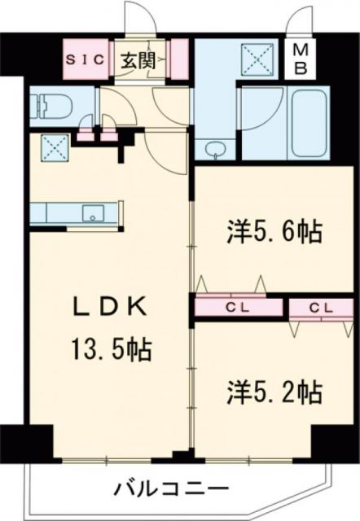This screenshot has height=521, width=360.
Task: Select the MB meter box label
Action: coord(300,59)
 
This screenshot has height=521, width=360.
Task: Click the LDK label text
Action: coord(108,308)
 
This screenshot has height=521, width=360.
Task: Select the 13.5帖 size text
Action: coord(108,352)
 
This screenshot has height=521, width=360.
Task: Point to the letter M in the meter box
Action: coord(300,50)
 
